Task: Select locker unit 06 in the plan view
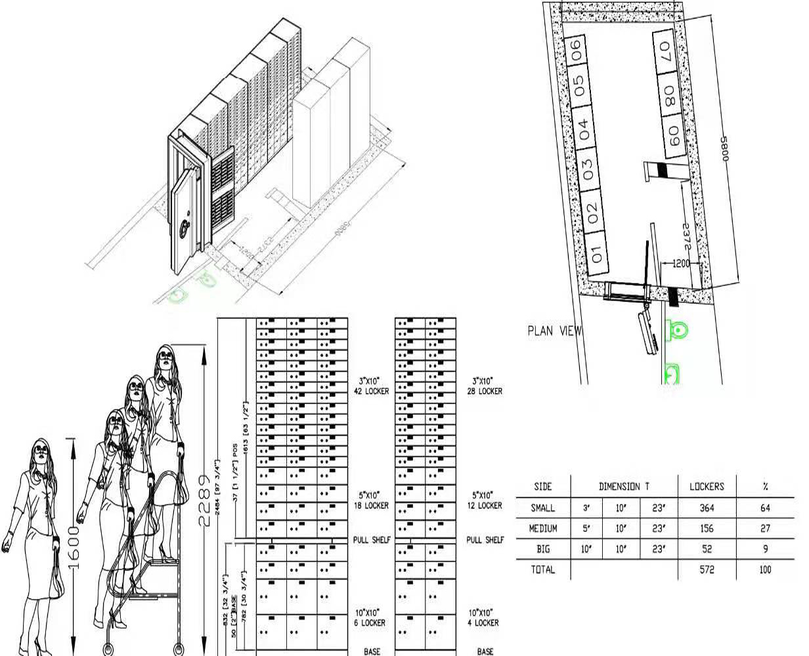click(x=577, y=51)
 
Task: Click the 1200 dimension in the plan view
click(x=680, y=263)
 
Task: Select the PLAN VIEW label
click(x=554, y=331)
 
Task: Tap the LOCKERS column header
click(x=707, y=486)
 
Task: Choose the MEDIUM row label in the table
click(x=543, y=528)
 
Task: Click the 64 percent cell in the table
click(x=765, y=508)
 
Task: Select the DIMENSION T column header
click(x=624, y=486)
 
